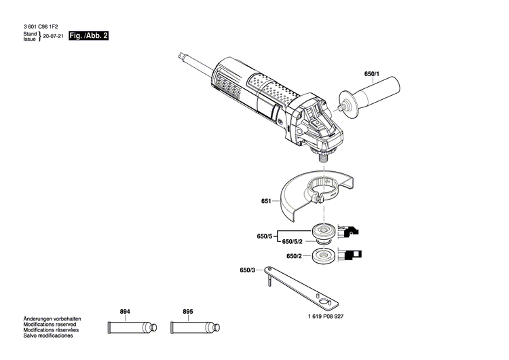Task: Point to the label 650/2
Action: click(x=294, y=256)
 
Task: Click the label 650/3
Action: click(x=248, y=270)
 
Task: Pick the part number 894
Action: click(x=125, y=312)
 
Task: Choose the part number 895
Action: click(x=187, y=312)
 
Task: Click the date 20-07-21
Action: click(x=54, y=38)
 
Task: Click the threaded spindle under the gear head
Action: click(x=321, y=154)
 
